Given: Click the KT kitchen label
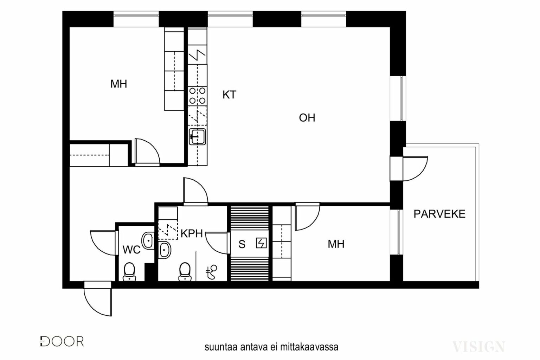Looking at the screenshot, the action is (x=229, y=95).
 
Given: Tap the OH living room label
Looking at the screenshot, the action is (x=307, y=118).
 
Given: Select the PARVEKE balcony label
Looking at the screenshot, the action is (x=439, y=214).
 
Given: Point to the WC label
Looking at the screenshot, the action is (x=131, y=250).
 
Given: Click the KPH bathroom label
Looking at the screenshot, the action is (x=192, y=233).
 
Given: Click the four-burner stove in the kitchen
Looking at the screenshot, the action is (x=198, y=96).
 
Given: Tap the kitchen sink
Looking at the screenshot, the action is (x=198, y=137).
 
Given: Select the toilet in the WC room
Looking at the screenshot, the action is (x=129, y=272).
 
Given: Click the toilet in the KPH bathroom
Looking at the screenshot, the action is (x=185, y=272).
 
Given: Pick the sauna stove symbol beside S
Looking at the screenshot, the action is (x=261, y=243).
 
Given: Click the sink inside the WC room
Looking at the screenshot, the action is (x=148, y=240).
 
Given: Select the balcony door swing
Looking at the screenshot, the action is (x=415, y=168).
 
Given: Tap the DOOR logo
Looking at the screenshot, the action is (x=62, y=341).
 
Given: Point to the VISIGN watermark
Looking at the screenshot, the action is (x=478, y=347).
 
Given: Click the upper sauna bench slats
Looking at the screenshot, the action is (x=250, y=218).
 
